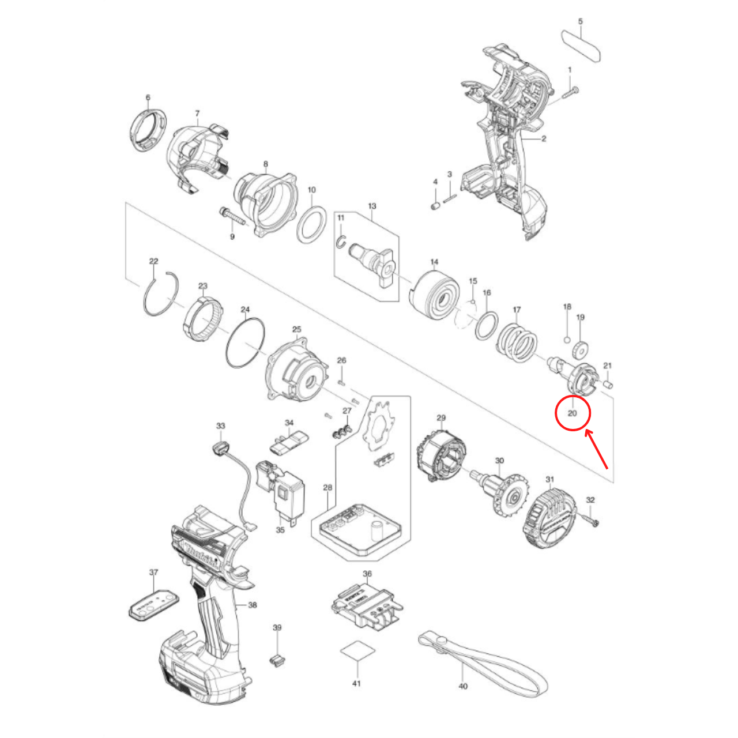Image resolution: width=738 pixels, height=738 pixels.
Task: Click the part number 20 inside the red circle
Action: (572, 413)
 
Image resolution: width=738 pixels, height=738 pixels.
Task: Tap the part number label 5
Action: (580, 21)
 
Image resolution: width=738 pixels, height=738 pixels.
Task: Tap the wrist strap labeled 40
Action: (484, 663)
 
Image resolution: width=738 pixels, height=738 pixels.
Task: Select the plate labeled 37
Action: (153, 605)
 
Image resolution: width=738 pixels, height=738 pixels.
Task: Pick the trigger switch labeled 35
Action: (283, 487)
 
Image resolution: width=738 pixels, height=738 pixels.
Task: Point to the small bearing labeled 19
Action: (579, 349)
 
